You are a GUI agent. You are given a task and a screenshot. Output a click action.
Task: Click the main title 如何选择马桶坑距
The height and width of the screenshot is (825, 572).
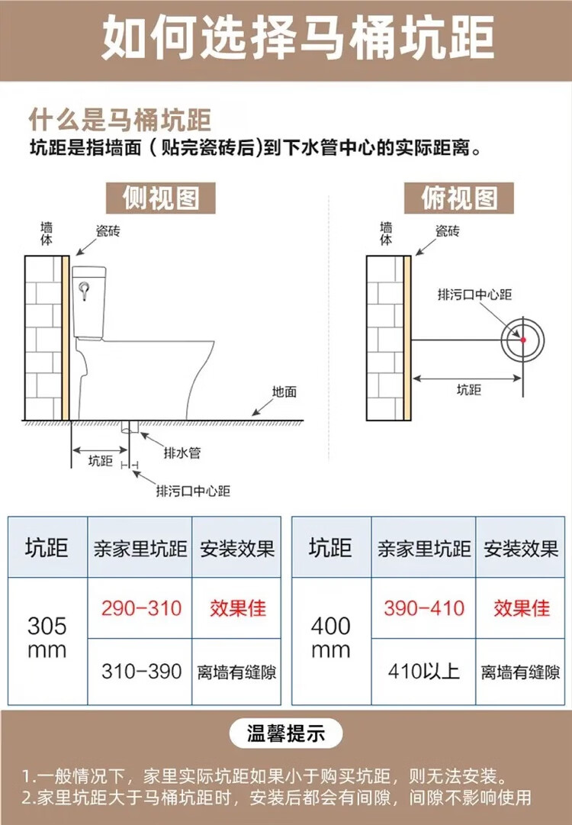point(285,38)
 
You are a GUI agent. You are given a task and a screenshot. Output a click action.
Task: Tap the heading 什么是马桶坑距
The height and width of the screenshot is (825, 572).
point(120,121)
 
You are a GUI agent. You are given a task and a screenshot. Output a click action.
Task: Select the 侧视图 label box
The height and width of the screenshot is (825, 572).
point(160,198)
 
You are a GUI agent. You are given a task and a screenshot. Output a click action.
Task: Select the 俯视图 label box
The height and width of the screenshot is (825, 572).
point(459,198)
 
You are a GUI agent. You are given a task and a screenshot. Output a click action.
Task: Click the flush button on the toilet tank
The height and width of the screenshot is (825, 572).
point(85,288)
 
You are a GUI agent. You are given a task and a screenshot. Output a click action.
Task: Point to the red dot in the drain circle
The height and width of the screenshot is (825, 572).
point(523,339)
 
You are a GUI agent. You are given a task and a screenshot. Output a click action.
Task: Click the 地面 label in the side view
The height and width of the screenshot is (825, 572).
point(284,392)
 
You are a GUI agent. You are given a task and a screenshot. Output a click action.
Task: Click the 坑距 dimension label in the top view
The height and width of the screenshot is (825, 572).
point(469,389)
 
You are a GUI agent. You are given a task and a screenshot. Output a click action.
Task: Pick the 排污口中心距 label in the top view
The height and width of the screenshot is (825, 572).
point(474,295)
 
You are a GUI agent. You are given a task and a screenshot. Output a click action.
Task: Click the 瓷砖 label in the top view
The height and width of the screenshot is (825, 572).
point(447,230)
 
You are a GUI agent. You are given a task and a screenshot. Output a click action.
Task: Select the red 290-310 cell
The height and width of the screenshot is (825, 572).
point(142,608)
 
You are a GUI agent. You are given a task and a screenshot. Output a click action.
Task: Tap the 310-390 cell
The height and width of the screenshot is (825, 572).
point(142,672)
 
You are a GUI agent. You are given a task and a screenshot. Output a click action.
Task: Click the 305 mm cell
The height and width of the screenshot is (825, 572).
point(47,638)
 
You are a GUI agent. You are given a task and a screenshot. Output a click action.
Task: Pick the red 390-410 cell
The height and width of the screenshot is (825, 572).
point(424,608)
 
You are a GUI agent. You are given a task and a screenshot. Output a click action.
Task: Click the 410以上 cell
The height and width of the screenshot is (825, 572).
point(424,672)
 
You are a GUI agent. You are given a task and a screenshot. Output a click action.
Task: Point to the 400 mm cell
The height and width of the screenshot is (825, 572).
point(331,638)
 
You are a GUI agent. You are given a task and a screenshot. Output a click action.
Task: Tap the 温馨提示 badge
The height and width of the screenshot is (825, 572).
point(285,734)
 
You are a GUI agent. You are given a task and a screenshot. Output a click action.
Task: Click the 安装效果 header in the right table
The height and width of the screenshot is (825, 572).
point(521,548)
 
